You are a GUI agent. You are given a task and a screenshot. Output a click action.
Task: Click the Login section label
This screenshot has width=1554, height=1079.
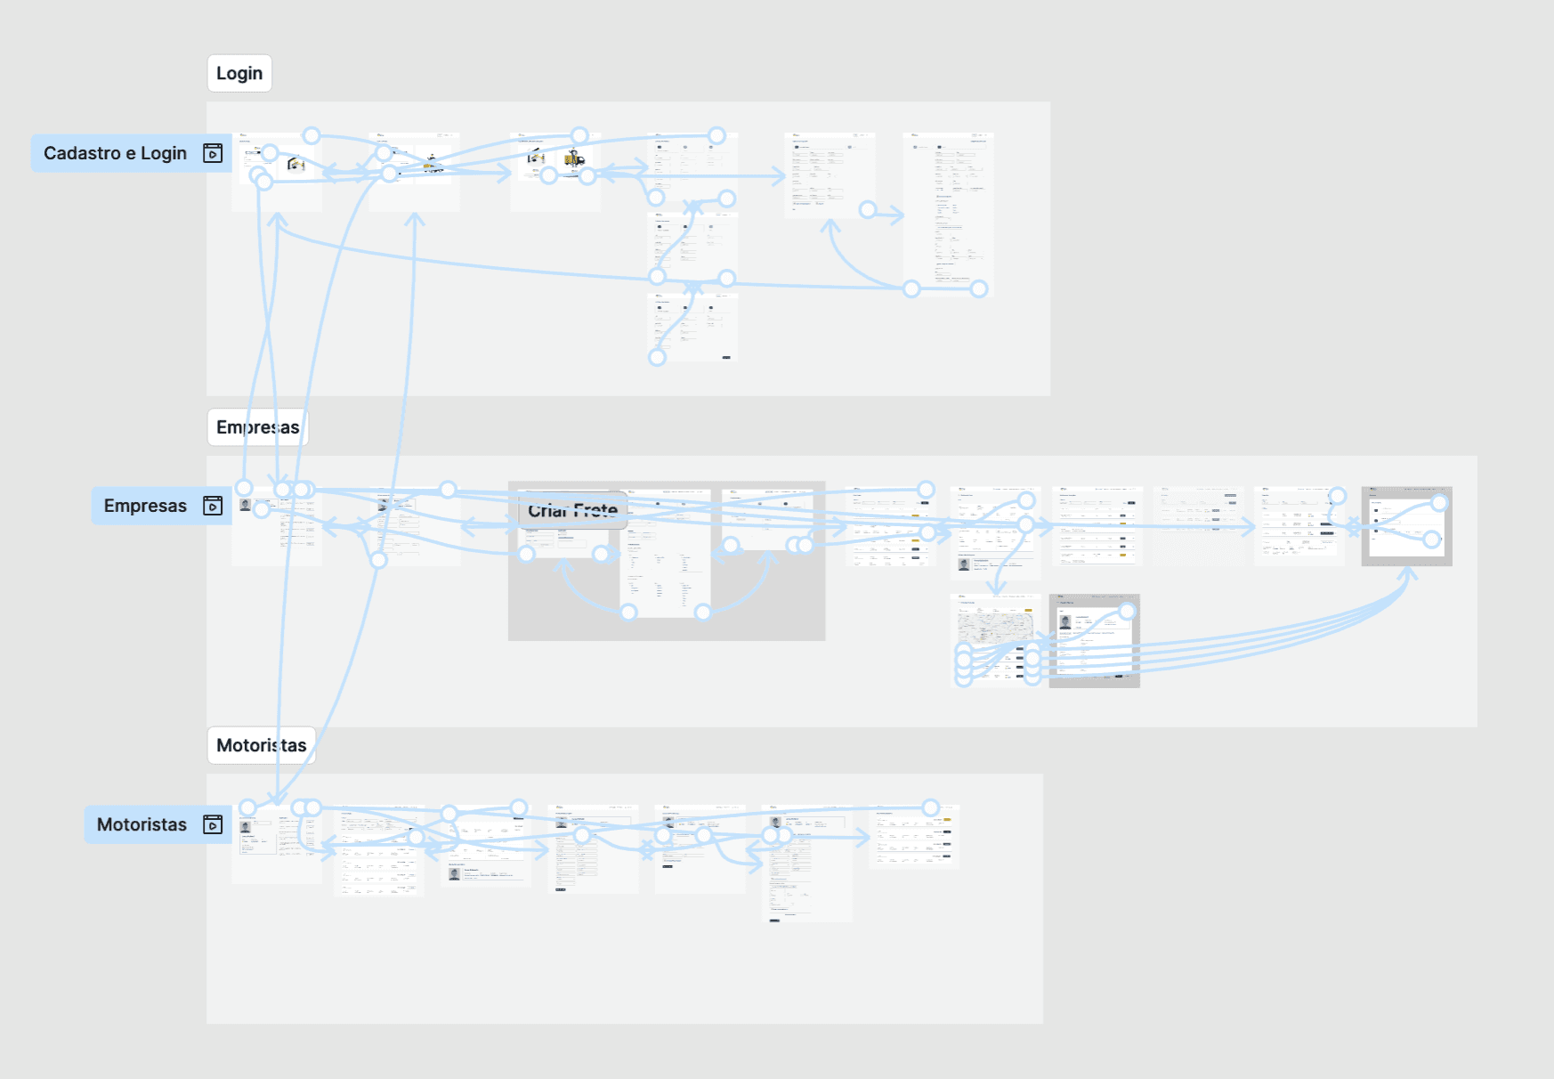pyautogui.click(x=239, y=74)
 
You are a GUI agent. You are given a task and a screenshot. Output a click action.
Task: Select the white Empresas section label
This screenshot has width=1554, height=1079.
pyautogui.click(x=257, y=427)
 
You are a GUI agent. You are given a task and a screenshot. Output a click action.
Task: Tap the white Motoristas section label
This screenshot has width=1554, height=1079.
pyautogui.click(x=261, y=745)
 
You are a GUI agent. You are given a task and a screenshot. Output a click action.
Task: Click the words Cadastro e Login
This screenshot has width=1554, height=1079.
pyautogui.click(x=115, y=153)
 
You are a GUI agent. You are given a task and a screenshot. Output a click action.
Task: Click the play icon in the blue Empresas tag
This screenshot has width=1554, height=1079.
pyautogui.click(x=213, y=506)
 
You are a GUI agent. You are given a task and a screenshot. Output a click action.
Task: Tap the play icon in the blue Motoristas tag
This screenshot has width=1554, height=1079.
pyautogui.click(x=213, y=824)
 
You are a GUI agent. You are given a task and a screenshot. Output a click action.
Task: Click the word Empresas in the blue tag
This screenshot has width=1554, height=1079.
pyautogui.click(x=145, y=506)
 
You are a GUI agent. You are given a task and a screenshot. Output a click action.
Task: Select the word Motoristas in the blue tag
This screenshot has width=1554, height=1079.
pyautogui.click(x=142, y=824)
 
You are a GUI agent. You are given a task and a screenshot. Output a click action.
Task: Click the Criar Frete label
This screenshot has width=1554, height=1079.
pyautogui.click(x=572, y=511)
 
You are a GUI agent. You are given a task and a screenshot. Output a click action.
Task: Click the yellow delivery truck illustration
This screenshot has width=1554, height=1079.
pyautogui.click(x=574, y=159)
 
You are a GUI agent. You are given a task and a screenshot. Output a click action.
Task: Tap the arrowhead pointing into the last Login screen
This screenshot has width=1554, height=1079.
pyautogui.click(x=897, y=215)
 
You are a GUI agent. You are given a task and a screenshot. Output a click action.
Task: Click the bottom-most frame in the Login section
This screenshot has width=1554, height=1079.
pyautogui.click(x=692, y=327)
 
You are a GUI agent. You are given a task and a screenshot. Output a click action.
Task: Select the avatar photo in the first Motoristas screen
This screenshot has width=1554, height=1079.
pyautogui.click(x=246, y=828)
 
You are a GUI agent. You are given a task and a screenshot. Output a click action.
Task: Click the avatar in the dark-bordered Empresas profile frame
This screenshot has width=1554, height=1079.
pyautogui.click(x=1065, y=621)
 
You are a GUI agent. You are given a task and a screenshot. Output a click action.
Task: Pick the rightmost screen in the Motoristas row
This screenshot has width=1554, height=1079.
pyautogui.click(x=913, y=837)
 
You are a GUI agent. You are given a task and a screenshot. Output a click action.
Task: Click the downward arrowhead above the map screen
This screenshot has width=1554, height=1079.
pyautogui.click(x=997, y=588)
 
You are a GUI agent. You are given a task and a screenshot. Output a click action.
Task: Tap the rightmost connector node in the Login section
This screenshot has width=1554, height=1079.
pyautogui.click(x=979, y=288)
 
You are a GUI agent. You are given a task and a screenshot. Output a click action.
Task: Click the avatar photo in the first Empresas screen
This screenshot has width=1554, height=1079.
pyautogui.click(x=246, y=505)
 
